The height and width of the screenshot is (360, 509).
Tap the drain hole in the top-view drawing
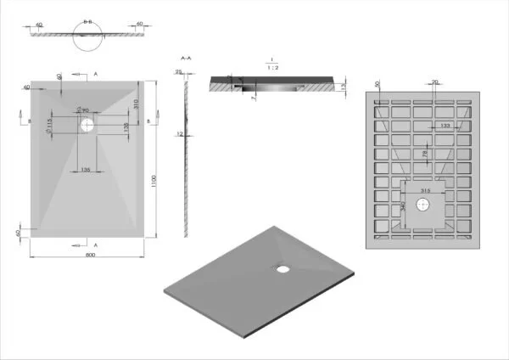87,125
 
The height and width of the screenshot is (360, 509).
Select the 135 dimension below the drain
86,170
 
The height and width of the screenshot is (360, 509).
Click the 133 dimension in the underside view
445,127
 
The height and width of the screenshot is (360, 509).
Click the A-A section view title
184,58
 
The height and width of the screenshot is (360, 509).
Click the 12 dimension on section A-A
180,133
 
